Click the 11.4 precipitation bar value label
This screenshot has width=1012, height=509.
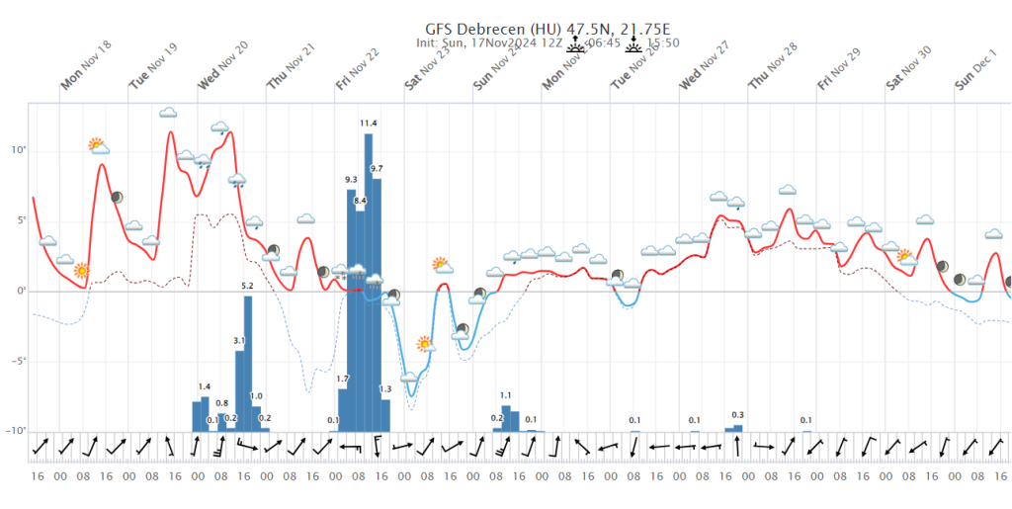(369, 124)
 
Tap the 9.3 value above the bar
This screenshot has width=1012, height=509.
(351, 180)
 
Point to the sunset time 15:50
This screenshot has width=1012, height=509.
(662, 43)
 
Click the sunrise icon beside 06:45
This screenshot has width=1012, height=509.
(577, 42)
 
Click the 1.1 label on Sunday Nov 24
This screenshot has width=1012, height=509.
(506, 395)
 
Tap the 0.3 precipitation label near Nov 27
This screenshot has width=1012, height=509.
(737, 415)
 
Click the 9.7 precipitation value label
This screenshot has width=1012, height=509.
(377, 169)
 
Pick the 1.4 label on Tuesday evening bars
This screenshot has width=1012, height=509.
(205, 386)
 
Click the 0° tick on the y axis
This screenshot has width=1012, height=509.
(19, 291)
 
